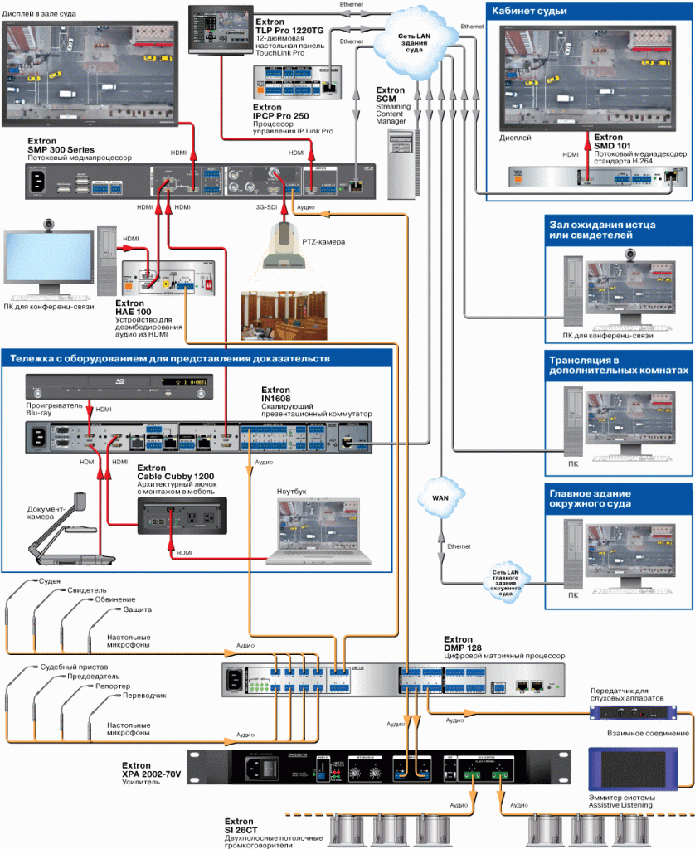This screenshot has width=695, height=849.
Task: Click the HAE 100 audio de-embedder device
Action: click(x=169, y=279)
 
